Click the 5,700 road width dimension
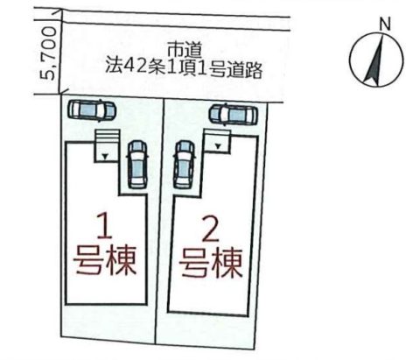click(47, 53)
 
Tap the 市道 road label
click(185, 51)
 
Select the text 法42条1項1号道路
click(184, 69)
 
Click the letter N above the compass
click(385, 25)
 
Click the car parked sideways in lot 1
click(92, 110)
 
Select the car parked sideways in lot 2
click(234, 114)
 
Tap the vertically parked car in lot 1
click(137, 164)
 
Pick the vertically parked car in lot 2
click(184, 165)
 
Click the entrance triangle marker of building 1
click(106, 157)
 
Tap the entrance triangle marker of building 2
click(218, 146)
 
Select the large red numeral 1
click(104, 226)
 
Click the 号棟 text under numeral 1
click(106, 261)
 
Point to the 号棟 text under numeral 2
click(212, 264)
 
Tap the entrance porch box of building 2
click(217, 141)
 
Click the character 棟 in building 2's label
click(228, 264)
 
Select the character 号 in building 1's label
click(88, 261)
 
